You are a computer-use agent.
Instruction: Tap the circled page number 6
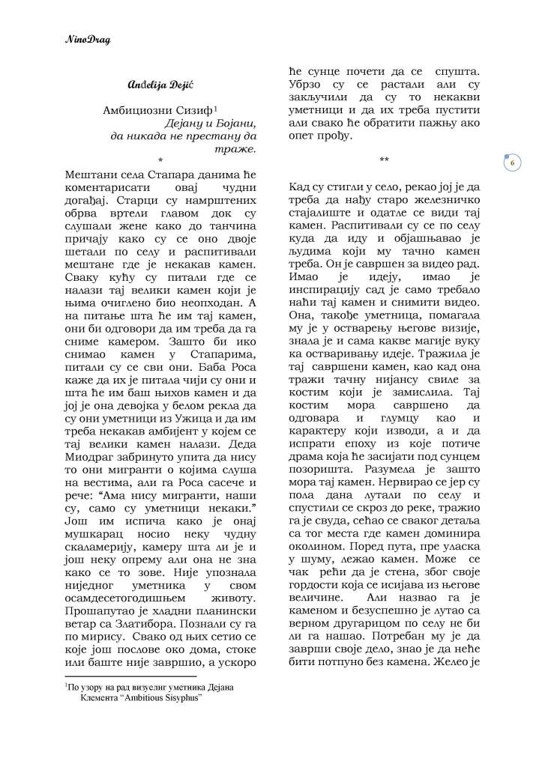tap(511, 163)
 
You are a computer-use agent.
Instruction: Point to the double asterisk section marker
tap(384, 160)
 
